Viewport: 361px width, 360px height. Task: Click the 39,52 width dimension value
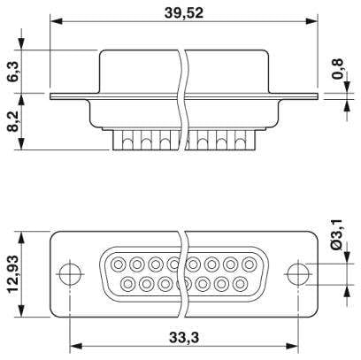(184, 13)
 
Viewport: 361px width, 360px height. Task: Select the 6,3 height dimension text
(15, 73)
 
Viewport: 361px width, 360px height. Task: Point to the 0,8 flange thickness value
(337, 69)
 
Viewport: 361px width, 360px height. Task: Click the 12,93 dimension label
(13, 273)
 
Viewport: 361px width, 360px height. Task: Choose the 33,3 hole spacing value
(184, 338)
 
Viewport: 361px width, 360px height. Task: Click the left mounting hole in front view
(70, 274)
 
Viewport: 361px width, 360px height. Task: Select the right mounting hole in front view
(298, 274)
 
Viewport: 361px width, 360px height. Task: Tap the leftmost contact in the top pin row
(119, 264)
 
